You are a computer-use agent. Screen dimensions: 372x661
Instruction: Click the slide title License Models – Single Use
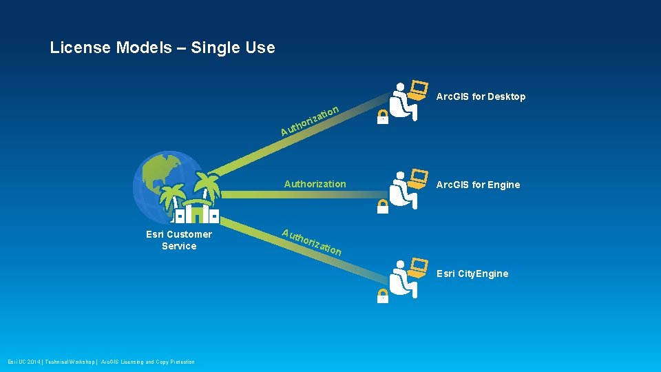point(162,48)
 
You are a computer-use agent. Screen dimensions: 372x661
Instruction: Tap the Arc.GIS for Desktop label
point(481,96)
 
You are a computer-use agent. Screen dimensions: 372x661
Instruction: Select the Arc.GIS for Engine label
point(478,185)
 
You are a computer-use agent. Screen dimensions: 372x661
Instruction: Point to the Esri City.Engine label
point(472,273)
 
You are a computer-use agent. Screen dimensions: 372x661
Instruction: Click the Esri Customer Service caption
point(179,240)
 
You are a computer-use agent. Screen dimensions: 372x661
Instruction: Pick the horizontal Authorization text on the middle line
point(315,184)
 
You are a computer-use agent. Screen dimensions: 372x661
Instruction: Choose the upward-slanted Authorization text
point(310,120)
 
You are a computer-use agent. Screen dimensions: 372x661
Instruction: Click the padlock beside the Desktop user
point(383,117)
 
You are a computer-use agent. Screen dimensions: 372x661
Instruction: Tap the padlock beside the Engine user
point(383,206)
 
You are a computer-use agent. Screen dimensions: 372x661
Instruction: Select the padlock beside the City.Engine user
point(383,296)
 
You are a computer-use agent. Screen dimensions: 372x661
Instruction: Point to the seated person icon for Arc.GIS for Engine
point(401,189)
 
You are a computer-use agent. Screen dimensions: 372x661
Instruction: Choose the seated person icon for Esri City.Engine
point(401,278)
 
